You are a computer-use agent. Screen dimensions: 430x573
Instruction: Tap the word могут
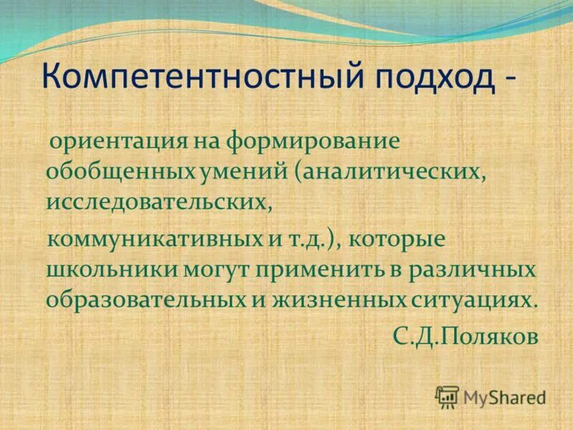coord(207,269)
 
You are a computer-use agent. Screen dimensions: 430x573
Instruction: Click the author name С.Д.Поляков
coord(464,337)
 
